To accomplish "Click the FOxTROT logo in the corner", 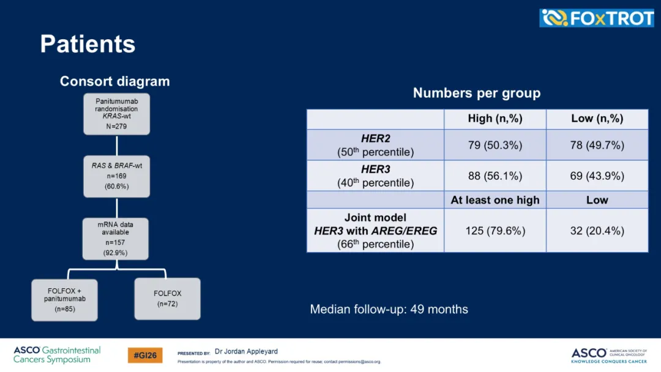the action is pyautogui.click(x=597, y=18).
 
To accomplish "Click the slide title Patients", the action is pyautogui.click(x=88, y=44).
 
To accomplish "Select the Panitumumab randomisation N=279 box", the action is pyautogui.click(x=116, y=114).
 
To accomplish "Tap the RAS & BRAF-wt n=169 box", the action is pyautogui.click(x=116, y=176).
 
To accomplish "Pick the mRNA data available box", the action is pyautogui.click(x=116, y=239).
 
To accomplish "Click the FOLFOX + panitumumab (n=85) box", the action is pyautogui.click(x=64, y=300).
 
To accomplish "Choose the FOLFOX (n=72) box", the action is pyautogui.click(x=167, y=299).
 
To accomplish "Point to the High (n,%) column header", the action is pyautogui.click(x=495, y=119).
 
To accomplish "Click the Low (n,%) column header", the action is pyautogui.click(x=597, y=119).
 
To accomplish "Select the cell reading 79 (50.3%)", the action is pyautogui.click(x=495, y=145).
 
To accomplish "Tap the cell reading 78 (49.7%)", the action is pyautogui.click(x=597, y=145).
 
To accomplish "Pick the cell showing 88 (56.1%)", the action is pyautogui.click(x=495, y=176).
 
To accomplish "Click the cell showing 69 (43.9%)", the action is pyautogui.click(x=597, y=176).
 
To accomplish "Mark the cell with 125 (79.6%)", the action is pyautogui.click(x=495, y=231).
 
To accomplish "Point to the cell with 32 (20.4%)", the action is pyautogui.click(x=597, y=231).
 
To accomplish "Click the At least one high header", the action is pyautogui.click(x=495, y=199).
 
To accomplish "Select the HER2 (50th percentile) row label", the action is pyautogui.click(x=375, y=145).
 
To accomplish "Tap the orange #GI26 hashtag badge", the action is pyautogui.click(x=145, y=355).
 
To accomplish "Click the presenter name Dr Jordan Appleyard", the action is pyautogui.click(x=246, y=351).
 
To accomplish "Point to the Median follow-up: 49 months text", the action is pyautogui.click(x=389, y=309).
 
